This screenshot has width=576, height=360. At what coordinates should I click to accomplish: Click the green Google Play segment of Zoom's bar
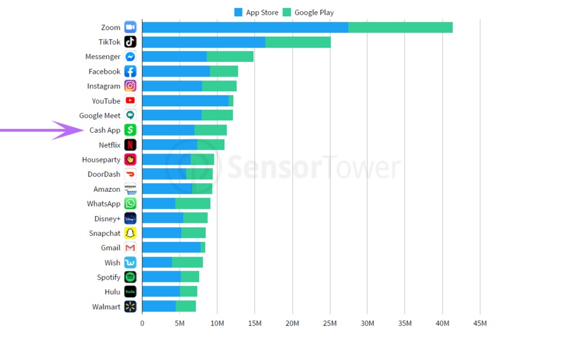point(400,28)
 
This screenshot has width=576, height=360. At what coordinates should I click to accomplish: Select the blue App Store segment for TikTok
point(203,42)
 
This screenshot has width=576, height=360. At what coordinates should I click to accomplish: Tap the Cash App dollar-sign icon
point(130,130)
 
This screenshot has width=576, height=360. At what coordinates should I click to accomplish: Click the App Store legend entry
point(256,12)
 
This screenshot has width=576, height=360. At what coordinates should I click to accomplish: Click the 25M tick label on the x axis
point(330,323)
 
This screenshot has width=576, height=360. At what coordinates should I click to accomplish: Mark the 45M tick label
point(480,323)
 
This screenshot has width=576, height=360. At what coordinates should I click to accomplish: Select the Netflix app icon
point(130,145)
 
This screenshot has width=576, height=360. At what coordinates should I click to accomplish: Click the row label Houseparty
point(101,160)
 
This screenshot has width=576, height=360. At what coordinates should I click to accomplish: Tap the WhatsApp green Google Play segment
point(192,204)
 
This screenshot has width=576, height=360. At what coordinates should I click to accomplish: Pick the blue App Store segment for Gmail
point(171,247)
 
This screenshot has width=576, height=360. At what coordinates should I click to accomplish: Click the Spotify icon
point(130,277)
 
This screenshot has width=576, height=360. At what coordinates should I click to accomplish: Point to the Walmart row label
point(106,307)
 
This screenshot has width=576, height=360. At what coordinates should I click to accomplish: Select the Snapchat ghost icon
point(130,233)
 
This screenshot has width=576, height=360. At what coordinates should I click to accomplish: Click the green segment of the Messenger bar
point(230,57)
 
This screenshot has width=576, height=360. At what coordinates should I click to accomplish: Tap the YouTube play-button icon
point(130,101)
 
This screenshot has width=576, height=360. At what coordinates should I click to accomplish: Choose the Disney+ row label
point(107,218)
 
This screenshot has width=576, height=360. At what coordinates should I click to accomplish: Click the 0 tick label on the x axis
point(142,323)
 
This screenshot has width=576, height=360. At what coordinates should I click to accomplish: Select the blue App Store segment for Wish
point(157,263)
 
